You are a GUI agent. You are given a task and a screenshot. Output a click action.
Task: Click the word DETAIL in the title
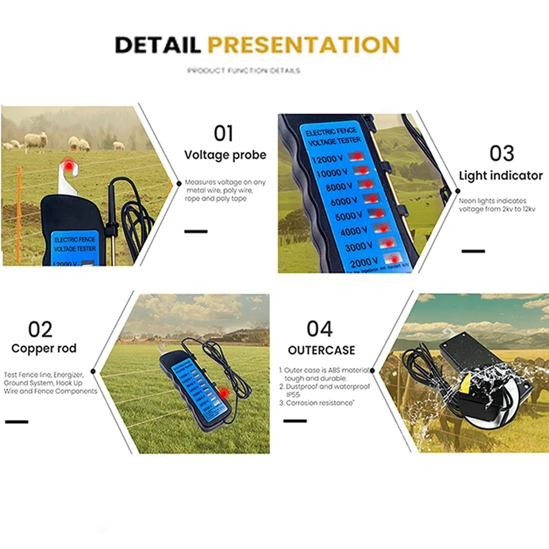click(x=157, y=45)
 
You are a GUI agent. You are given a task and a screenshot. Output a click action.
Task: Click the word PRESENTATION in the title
click(x=303, y=45)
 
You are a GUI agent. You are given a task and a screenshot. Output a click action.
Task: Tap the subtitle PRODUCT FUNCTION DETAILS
click(x=243, y=71)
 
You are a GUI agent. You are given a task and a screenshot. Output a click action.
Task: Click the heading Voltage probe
click(x=225, y=155)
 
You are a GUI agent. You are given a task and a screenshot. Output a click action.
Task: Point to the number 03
click(x=500, y=152)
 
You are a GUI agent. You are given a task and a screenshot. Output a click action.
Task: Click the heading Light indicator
click(x=500, y=176)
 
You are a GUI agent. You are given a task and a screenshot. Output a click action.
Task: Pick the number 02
click(x=40, y=329)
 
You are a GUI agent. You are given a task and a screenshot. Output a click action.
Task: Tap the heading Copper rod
click(x=44, y=349)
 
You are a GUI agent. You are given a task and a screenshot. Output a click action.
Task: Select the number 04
click(x=320, y=329)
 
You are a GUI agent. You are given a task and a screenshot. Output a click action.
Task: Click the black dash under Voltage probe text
click(x=196, y=231)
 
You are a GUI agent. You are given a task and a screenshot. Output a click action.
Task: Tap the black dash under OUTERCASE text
click(x=295, y=420)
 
